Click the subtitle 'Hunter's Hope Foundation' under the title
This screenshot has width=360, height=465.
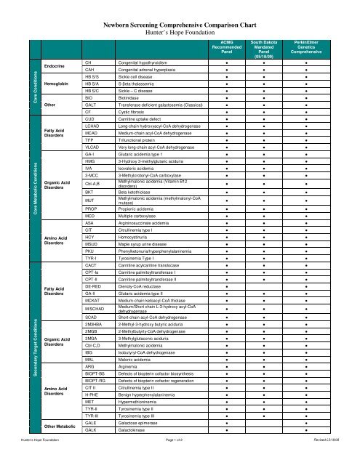(x=179, y=33)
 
